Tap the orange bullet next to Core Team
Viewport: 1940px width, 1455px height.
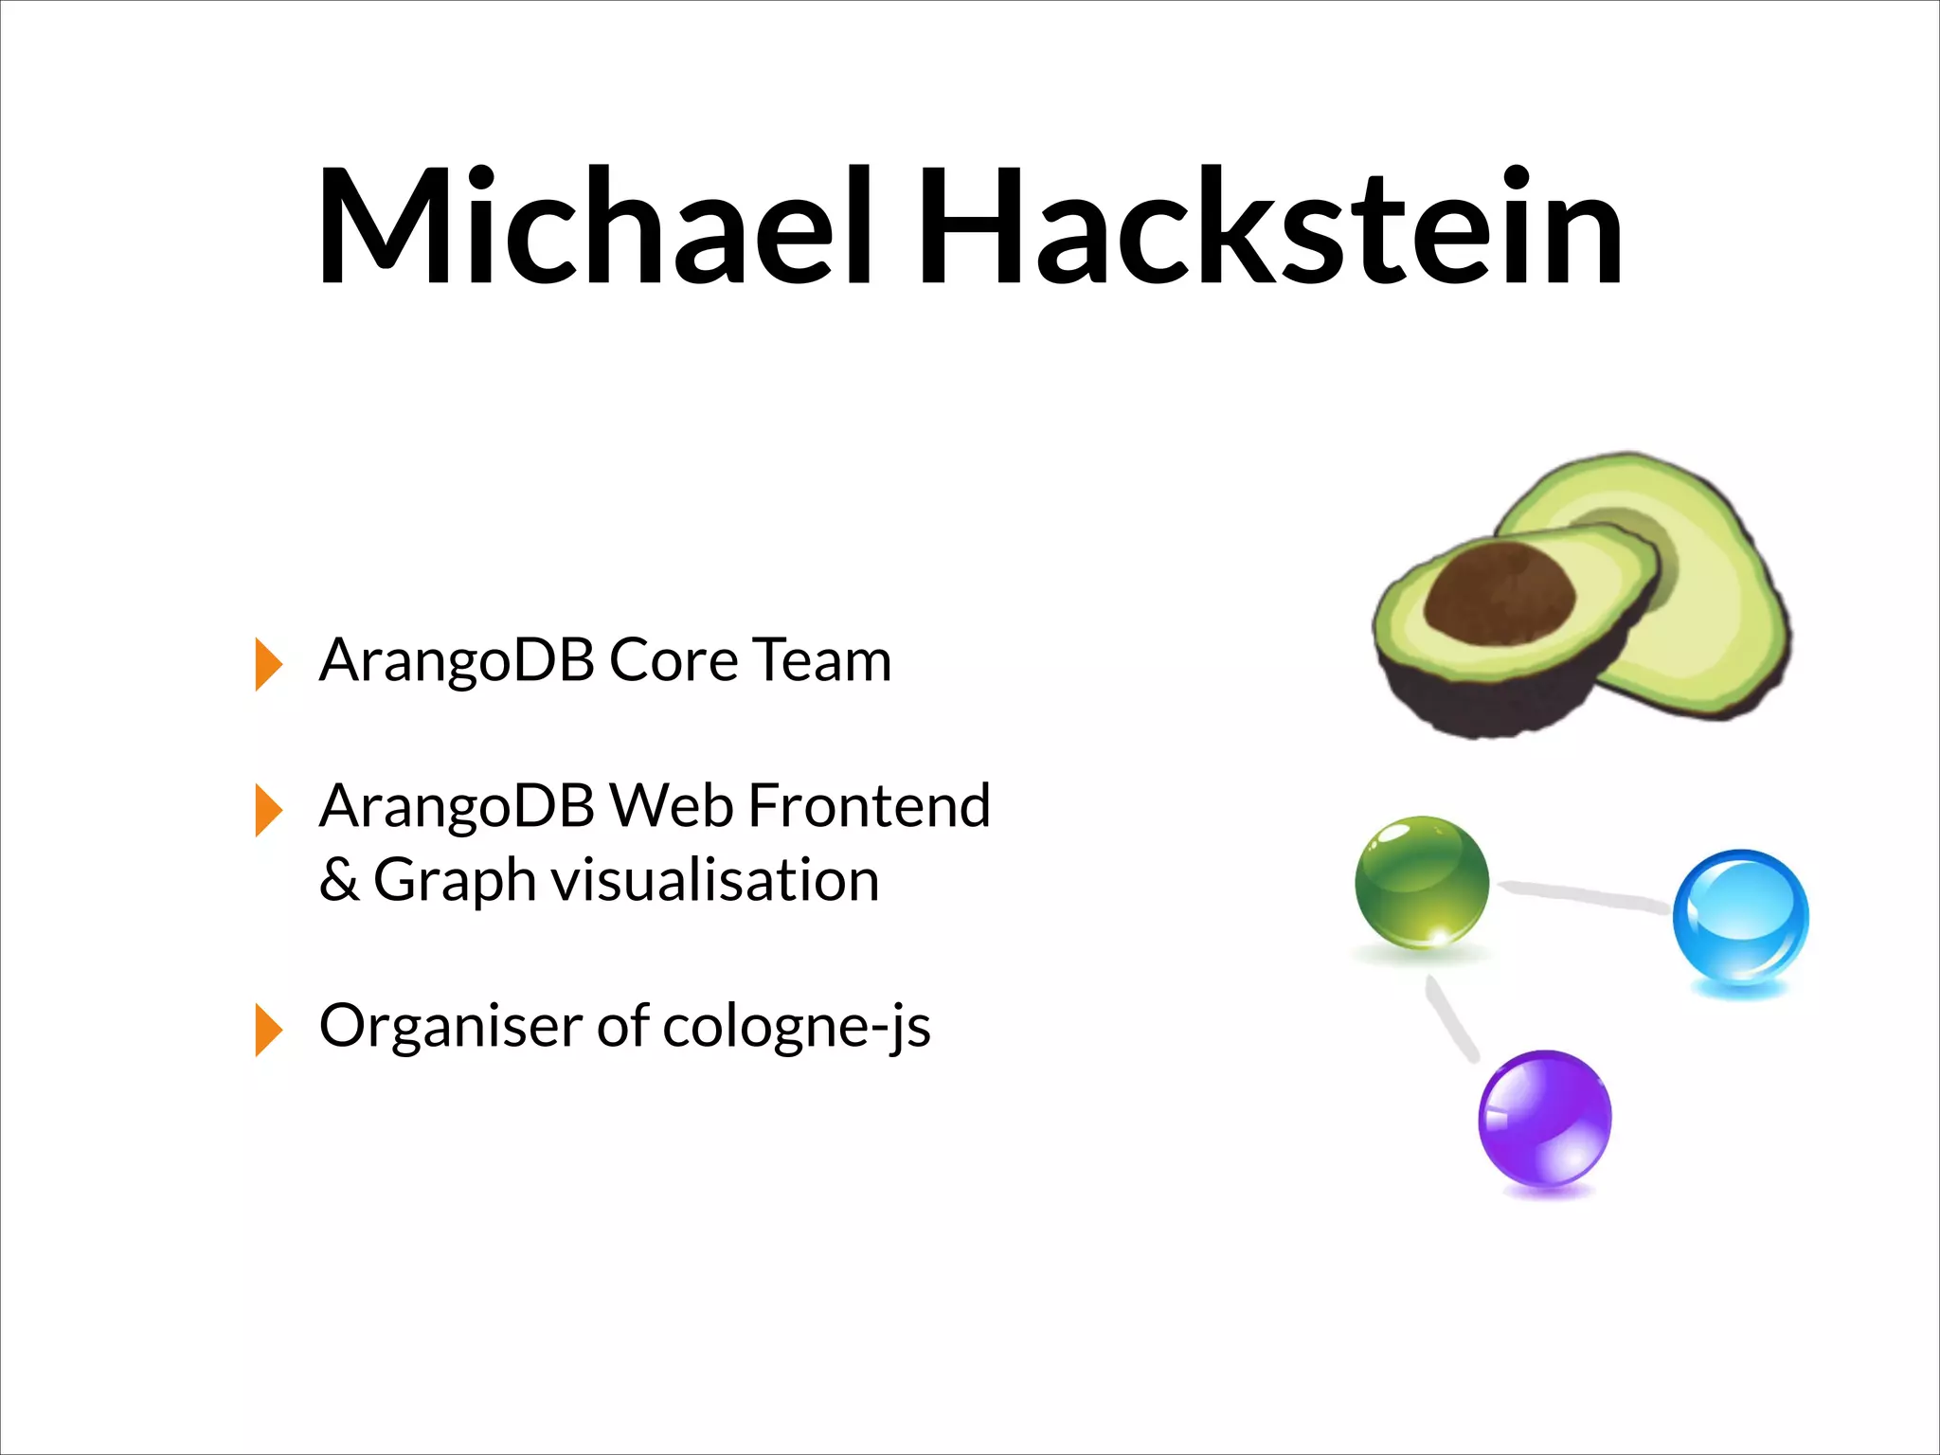268,664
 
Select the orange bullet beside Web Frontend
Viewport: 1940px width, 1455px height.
268,810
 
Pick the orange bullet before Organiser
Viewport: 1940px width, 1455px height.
268,1030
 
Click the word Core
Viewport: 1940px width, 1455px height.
673,660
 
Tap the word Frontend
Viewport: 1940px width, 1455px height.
869,806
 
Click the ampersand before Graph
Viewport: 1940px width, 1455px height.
338,880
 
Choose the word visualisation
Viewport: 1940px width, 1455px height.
715,880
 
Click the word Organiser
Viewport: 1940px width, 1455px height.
450,1026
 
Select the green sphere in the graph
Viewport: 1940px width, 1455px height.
1421,882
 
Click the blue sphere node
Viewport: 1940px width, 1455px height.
1739,917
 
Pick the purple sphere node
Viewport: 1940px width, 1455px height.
1544,1118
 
